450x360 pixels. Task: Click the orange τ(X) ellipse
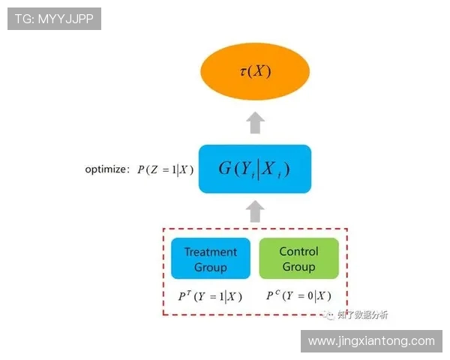pyautogui.click(x=255, y=73)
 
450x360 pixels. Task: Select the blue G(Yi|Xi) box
pyautogui.click(x=254, y=169)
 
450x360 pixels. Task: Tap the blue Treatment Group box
pyautogui.click(x=210, y=259)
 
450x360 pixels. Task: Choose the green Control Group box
pyautogui.click(x=298, y=259)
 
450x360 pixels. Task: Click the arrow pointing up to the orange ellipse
pyautogui.click(x=255, y=121)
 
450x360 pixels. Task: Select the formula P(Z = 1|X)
pyautogui.click(x=165, y=169)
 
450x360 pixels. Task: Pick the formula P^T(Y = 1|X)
pyautogui.click(x=210, y=296)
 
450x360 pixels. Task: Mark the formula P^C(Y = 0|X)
pyautogui.click(x=298, y=295)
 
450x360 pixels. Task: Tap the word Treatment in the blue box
pyautogui.click(x=210, y=252)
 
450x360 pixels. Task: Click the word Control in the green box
pyautogui.click(x=298, y=251)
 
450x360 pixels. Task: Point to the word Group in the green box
pyautogui.click(x=298, y=267)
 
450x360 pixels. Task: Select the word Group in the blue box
pyautogui.click(x=210, y=267)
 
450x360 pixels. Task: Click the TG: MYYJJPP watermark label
pyautogui.click(x=54, y=19)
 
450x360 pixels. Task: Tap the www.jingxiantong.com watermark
pyautogui.click(x=371, y=340)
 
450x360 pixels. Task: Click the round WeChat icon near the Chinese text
pyautogui.click(x=327, y=316)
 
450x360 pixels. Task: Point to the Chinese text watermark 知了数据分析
pyautogui.click(x=362, y=316)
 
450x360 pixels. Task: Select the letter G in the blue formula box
pyautogui.click(x=225, y=168)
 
